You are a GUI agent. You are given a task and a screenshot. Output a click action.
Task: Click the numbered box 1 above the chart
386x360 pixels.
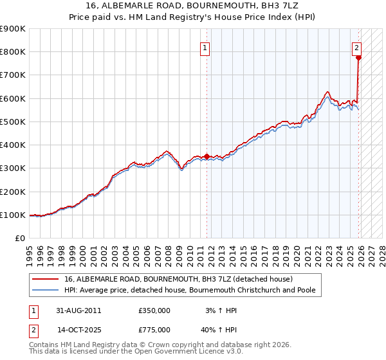(205, 47)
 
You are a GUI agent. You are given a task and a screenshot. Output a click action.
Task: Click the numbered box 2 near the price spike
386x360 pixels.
(356, 47)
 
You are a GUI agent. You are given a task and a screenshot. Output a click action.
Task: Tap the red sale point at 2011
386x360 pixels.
(207, 156)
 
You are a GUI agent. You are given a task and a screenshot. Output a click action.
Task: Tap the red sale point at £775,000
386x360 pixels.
(358, 57)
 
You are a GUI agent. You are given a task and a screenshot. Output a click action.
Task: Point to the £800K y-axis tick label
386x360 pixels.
(13, 52)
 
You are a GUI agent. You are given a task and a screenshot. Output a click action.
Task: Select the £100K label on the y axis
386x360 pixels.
(13, 215)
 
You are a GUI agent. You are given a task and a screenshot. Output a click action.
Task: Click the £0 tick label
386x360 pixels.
(20, 238)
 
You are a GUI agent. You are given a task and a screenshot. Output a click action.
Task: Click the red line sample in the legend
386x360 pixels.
(46, 279)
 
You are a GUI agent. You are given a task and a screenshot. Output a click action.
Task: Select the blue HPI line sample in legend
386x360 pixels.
(46, 291)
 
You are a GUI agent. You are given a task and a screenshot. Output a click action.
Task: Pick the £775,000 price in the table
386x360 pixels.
(154, 330)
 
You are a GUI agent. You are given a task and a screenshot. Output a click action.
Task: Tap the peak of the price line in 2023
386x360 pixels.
(327, 91)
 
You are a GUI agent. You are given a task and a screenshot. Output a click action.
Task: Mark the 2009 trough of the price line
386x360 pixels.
(182, 169)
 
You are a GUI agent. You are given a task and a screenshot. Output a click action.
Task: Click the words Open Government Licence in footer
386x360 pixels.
(178, 352)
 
